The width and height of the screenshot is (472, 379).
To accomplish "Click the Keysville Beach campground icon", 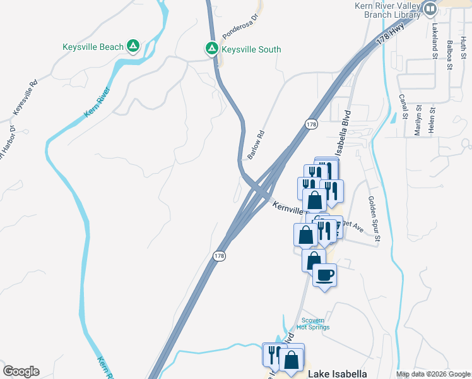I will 133,46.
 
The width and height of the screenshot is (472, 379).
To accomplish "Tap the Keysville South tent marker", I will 212,48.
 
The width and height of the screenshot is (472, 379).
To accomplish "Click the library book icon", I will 430,9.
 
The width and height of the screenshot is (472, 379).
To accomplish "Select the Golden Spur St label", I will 373,219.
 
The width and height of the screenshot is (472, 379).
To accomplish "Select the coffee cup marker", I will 324,275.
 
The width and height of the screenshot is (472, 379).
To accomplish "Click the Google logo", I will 21,371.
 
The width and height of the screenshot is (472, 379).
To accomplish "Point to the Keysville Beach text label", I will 93,46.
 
